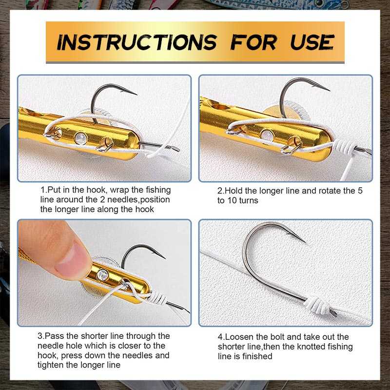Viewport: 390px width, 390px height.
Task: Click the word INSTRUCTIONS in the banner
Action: point(136,42)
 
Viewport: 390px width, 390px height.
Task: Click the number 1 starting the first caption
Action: point(43,190)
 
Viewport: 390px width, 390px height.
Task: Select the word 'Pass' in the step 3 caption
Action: point(53,336)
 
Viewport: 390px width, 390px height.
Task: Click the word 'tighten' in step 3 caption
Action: point(54,365)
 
